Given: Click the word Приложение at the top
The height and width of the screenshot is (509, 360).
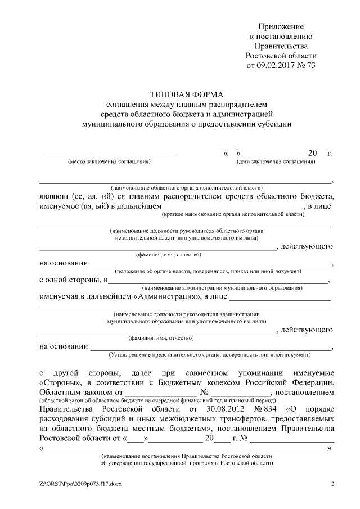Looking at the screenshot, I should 281,26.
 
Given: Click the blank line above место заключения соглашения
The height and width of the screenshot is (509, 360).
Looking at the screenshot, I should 110,155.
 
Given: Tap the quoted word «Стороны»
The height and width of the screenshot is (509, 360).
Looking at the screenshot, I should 60,383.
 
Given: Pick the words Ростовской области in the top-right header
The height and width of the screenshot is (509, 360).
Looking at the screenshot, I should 281,56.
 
